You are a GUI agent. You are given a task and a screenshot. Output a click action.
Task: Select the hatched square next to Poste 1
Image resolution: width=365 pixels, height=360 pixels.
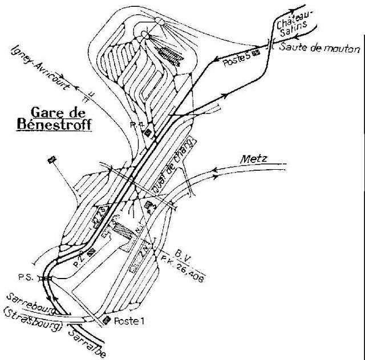point(107,320)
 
